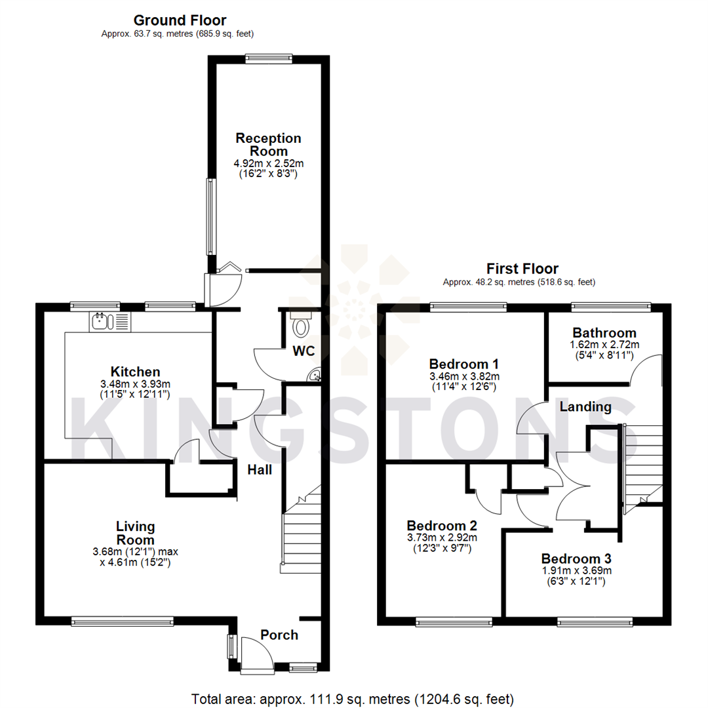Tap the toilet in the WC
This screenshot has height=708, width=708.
pos(302,326)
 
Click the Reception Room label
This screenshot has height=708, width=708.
pos(269,144)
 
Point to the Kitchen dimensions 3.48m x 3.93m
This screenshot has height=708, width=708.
pos(135,384)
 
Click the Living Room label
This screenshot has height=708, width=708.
pos(135,532)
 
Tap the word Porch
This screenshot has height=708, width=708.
pos(279,635)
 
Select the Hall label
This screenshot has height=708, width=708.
pos(260,469)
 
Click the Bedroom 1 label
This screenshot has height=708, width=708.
pos(463,364)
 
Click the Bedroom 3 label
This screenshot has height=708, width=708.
pos(576,559)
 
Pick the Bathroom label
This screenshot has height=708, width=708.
pos(604,332)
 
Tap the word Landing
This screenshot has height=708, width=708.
pos(585,407)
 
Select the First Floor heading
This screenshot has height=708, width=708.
pos(522,269)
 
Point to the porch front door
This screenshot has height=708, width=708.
pos(257,656)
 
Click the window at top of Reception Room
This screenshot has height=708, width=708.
pos(269,58)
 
